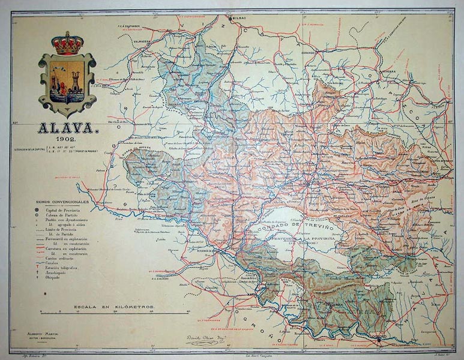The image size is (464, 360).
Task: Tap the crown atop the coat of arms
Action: pos(67,43)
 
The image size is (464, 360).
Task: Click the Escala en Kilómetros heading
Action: pos(114,307)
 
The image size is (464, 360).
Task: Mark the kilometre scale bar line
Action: pos(114,313)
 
